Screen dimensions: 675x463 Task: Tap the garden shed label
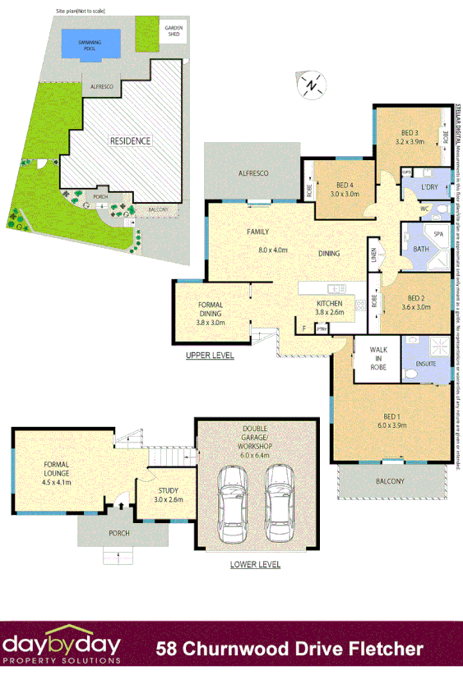pos(173,33)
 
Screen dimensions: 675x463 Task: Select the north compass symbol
pos(311,85)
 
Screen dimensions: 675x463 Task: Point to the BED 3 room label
pos(410,133)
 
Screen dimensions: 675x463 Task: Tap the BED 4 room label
pos(345,185)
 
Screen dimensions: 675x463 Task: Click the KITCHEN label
pos(330,303)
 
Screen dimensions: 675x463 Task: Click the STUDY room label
pos(168,489)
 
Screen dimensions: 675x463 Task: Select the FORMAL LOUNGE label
pos(58,469)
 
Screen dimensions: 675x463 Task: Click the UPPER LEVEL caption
pos(210,356)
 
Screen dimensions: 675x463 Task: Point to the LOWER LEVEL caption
pos(255,564)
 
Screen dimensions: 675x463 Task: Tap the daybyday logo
pos(62,647)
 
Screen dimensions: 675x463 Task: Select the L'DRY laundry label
pos(428,188)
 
